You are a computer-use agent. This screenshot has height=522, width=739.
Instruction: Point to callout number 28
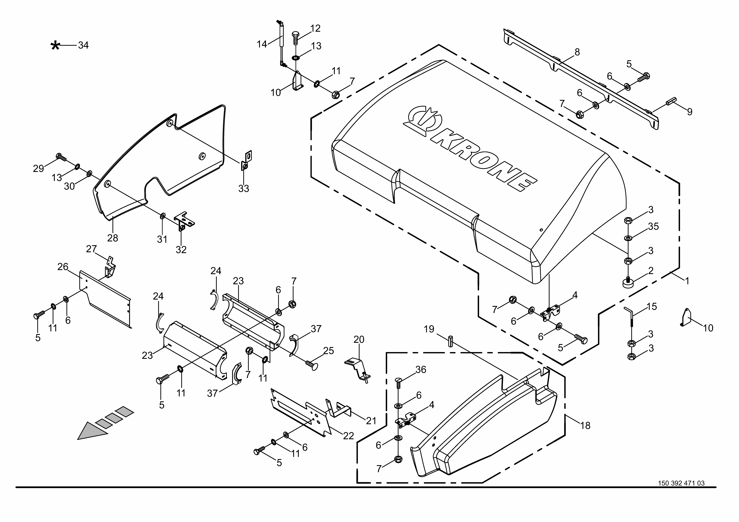(x=113, y=238)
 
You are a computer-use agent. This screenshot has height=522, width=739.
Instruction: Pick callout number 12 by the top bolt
(x=315, y=28)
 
